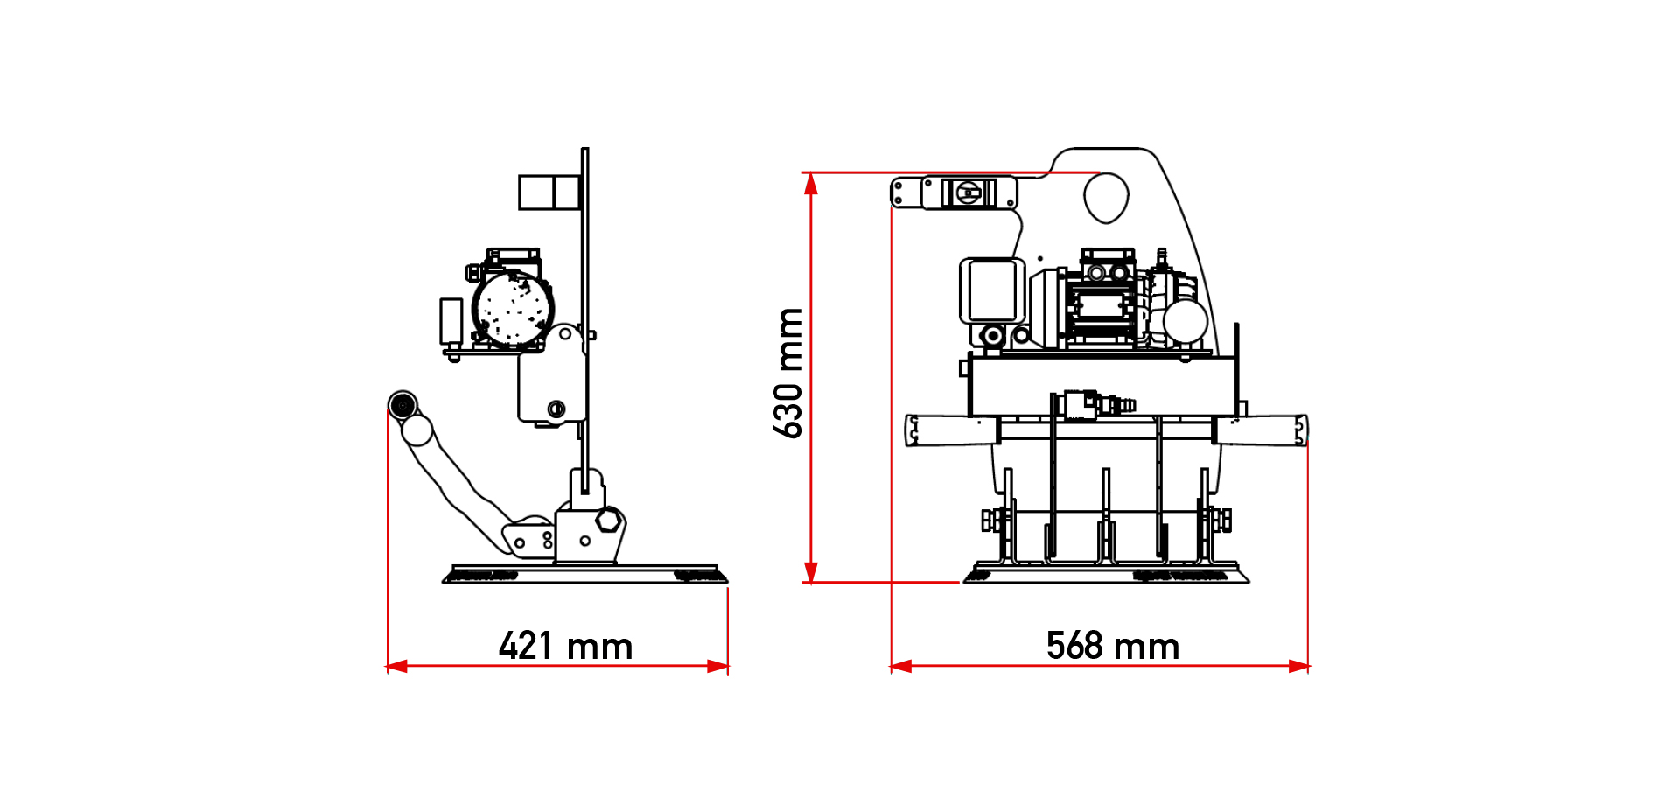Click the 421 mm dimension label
click(565, 646)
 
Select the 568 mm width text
click(1113, 646)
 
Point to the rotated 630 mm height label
click(787, 373)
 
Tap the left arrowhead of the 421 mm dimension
click(396, 666)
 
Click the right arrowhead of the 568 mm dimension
click(1298, 666)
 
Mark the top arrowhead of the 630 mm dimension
click(811, 183)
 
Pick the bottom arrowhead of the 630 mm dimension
click(811, 571)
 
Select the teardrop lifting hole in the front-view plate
click(1106, 198)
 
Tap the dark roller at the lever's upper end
click(402, 404)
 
